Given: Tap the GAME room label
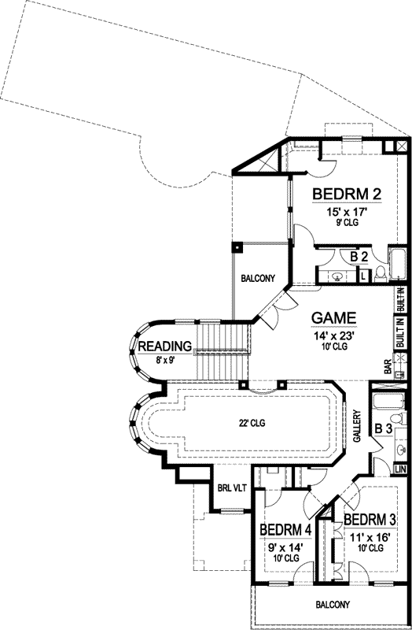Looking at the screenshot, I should tap(334, 317).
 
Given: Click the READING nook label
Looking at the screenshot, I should tap(165, 346).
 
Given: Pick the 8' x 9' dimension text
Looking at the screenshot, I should tap(165, 361).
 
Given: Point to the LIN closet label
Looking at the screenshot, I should tap(400, 469).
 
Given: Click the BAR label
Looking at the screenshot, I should tap(388, 367).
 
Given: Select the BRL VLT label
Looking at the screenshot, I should tap(233, 488).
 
